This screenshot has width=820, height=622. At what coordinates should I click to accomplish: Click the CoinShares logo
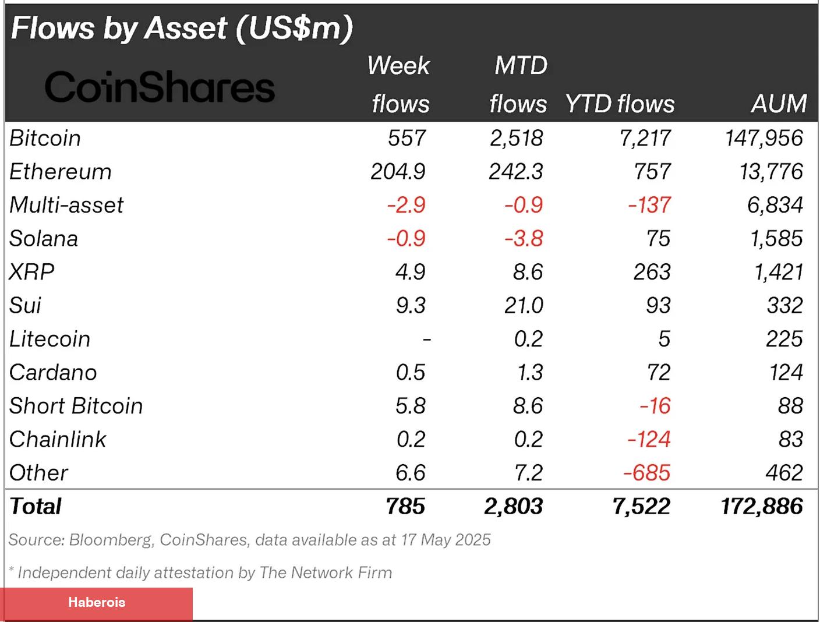pyautogui.click(x=160, y=87)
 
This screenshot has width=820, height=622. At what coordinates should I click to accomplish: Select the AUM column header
pyautogui.click(x=779, y=104)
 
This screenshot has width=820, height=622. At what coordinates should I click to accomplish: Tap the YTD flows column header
pyautogui.click(x=620, y=104)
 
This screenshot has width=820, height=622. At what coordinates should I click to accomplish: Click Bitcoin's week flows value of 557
pyautogui.click(x=407, y=138)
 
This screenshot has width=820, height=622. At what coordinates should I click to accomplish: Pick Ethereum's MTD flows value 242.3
pyautogui.click(x=516, y=172)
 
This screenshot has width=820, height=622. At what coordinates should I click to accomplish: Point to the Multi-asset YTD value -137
pyautogui.click(x=649, y=205)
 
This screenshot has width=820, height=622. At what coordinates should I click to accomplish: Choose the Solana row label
pyautogui.click(x=44, y=239)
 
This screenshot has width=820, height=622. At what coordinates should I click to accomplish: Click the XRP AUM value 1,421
pyautogui.click(x=779, y=272)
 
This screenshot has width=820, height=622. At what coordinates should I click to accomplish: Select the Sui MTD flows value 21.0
pyautogui.click(x=524, y=305)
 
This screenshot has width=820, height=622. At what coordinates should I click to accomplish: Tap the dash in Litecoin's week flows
pyautogui.click(x=426, y=339)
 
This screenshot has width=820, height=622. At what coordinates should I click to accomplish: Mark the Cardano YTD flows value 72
pyautogui.click(x=659, y=372)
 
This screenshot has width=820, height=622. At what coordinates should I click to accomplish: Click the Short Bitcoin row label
pyautogui.click(x=76, y=406)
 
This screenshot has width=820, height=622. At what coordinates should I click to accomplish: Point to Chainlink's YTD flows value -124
pyautogui.click(x=649, y=439)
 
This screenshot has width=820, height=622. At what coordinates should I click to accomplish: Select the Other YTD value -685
pyautogui.click(x=647, y=472)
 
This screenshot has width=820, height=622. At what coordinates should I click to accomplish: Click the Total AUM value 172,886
pyautogui.click(x=762, y=506)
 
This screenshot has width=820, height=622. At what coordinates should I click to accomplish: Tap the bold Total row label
pyautogui.click(x=36, y=506)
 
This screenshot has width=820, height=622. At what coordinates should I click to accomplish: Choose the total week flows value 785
pyautogui.click(x=405, y=506)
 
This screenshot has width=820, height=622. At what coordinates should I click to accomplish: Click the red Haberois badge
pyautogui.click(x=97, y=603)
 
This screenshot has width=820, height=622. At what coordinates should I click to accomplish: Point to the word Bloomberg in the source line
pyautogui.click(x=110, y=540)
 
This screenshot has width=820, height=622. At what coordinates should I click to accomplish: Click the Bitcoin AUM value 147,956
pyautogui.click(x=764, y=138)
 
